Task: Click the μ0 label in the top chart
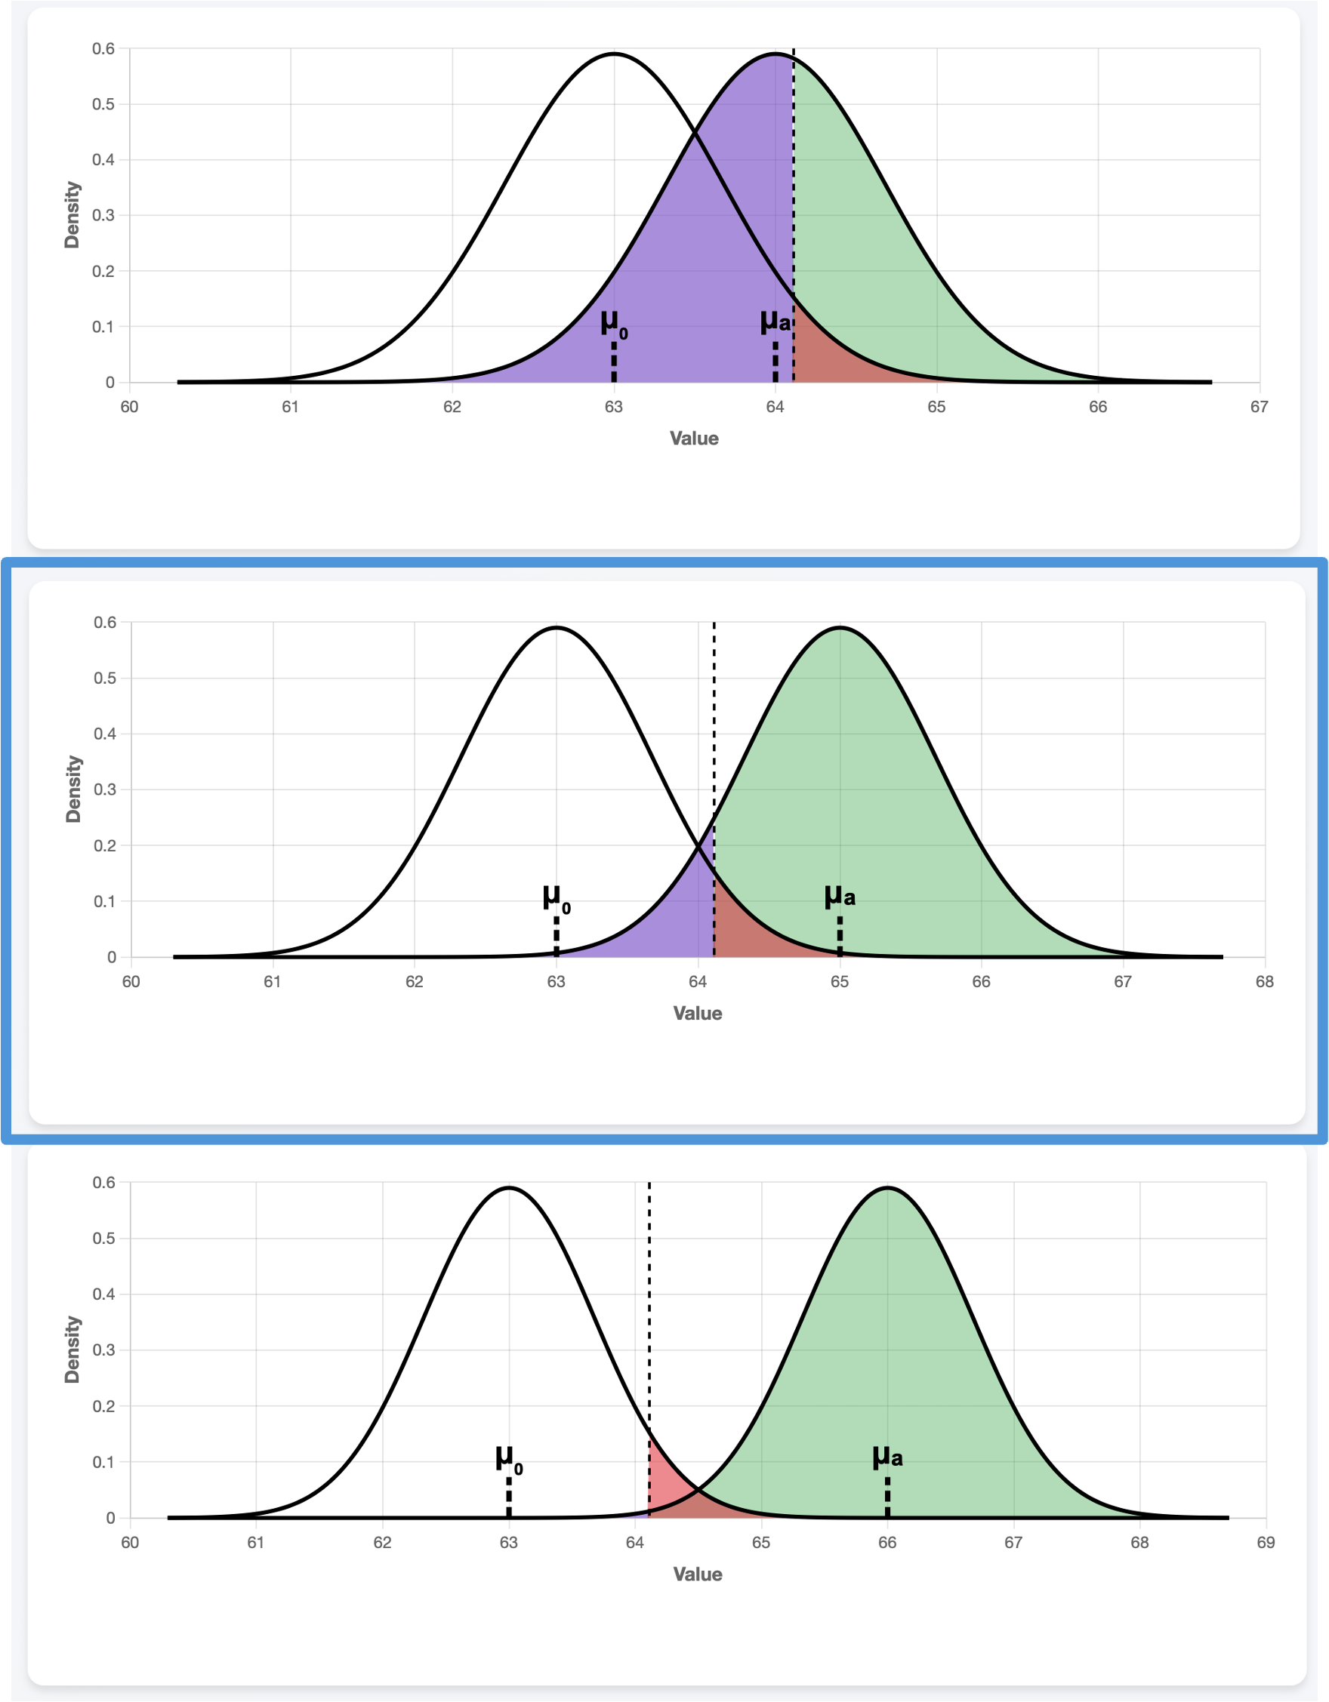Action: click(x=613, y=322)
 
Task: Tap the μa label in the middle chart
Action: click(x=840, y=896)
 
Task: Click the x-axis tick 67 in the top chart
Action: click(x=1259, y=407)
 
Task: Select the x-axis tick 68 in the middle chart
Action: click(x=1264, y=981)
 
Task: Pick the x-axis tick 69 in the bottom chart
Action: click(x=1266, y=1542)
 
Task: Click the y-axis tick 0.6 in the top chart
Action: click(x=103, y=49)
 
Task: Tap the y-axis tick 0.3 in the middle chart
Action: click(x=105, y=789)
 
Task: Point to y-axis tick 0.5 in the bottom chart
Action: click(x=103, y=1239)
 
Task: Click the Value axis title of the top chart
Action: click(x=694, y=439)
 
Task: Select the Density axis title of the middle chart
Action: click(x=73, y=789)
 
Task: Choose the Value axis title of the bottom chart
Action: click(x=698, y=1574)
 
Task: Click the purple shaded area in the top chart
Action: click(x=702, y=272)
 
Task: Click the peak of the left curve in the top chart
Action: click(x=614, y=54)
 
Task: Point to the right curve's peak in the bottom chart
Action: click(x=887, y=1189)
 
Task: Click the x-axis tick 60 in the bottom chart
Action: click(x=130, y=1542)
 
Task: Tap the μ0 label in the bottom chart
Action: click(x=508, y=1457)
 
